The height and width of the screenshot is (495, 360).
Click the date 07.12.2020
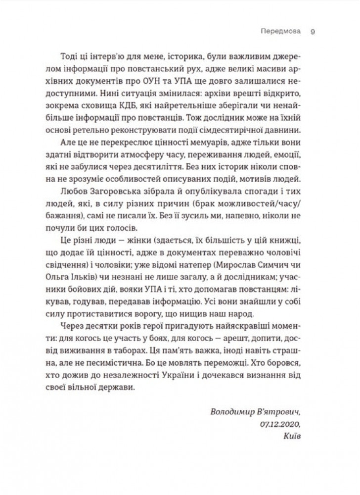(278, 425)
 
